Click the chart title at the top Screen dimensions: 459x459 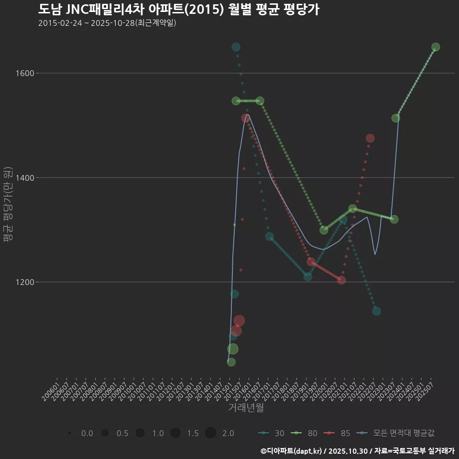pyautogui.click(x=178, y=10)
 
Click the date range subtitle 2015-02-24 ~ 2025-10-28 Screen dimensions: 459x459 pyautogui.click(x=107, y=23)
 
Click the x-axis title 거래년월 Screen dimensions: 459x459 pyautogui.click(x=246, y=407)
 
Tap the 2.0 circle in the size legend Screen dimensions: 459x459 pyautogui.click(x=211, y=433)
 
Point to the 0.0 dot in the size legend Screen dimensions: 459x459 pyautogui.click(x=70, y=433)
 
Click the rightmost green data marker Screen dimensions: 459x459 pyautogui.click(x=436, y=47)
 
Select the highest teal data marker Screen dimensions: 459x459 pyautogui.click(x=236, y=47)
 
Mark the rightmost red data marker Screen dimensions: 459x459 pyautogui.click(x=370, y=138)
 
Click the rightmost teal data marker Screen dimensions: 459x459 pyautogui.click(x=376, y=311)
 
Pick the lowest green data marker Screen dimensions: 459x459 pyautogui.click(x=231, y=362)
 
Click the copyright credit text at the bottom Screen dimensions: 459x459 pyautogui.click(x=357, y=451)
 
